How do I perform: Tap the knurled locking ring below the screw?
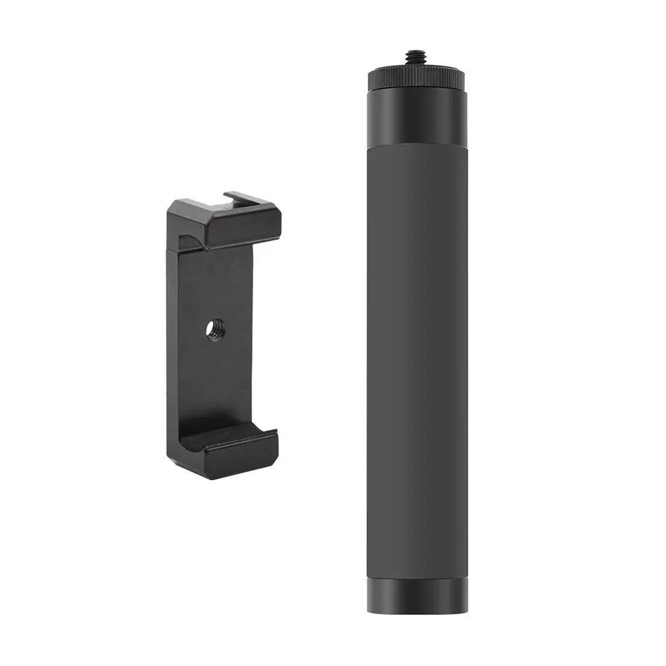(x=418, y=78)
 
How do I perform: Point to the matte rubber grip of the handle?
(x=418, y=356)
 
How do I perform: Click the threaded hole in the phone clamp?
(x=214, y=325)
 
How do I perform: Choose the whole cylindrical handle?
(x=418, y=330)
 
